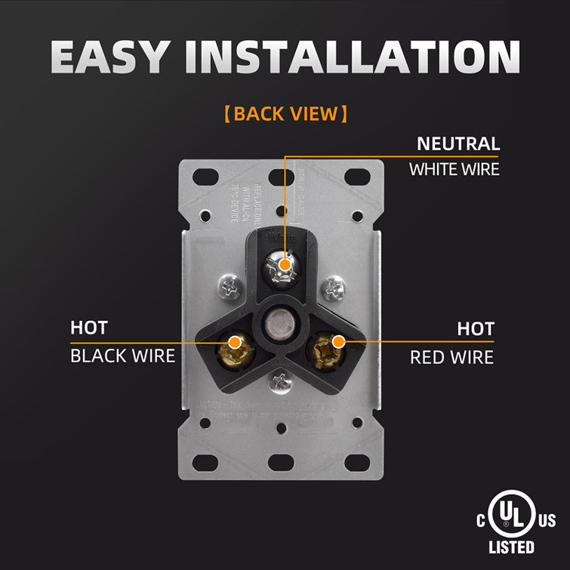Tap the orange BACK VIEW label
(285, 114)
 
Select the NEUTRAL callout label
(459, 143)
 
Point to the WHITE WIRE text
(454, 168)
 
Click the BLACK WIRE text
(122, 355)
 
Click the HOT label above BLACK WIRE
(89, 328)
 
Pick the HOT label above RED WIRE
(476, 329)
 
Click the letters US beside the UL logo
(548, 521)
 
